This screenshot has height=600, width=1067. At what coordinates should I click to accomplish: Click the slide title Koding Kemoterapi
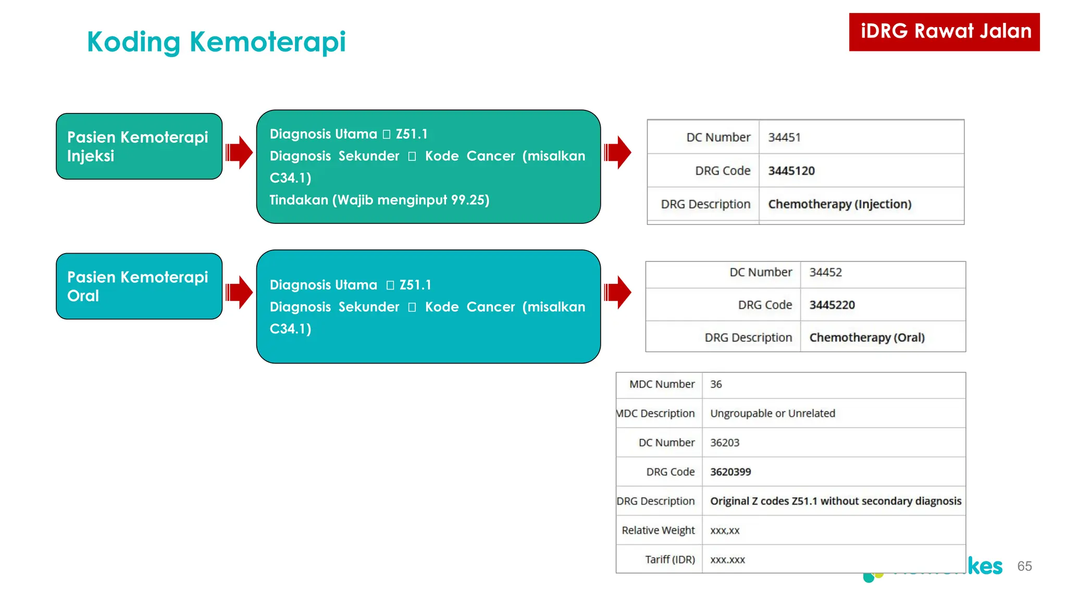216,42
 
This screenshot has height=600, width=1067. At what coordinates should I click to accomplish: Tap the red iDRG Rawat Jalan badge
944,32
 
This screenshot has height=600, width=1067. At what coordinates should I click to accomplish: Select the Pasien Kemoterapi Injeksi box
139,146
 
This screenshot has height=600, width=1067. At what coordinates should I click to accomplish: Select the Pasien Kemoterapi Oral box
139,286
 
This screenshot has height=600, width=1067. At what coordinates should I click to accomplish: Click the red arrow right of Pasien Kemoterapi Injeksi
239,153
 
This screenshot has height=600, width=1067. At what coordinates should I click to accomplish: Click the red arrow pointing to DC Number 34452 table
617,292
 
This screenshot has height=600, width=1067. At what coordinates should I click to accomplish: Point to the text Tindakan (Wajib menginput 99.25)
379,200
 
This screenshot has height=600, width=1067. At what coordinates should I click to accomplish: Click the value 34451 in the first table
784,137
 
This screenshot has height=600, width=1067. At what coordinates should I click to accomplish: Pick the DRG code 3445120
791,171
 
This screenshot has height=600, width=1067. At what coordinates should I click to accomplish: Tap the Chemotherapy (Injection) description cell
839,204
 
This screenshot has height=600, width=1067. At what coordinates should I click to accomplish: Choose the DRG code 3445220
832,305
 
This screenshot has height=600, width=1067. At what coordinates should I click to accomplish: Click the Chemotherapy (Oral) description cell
866,337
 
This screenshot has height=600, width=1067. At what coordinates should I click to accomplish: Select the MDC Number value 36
716,384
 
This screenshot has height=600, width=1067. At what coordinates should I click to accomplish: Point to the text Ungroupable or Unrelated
772,414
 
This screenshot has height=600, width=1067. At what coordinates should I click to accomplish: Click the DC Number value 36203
724,443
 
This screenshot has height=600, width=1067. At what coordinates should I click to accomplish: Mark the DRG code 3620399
730,472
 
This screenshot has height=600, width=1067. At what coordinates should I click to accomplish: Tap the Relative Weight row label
658,530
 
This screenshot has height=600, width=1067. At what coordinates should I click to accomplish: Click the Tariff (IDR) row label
669,559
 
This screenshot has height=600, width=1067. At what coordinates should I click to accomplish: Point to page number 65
1024,566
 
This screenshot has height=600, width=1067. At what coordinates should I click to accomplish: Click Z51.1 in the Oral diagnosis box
415,285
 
